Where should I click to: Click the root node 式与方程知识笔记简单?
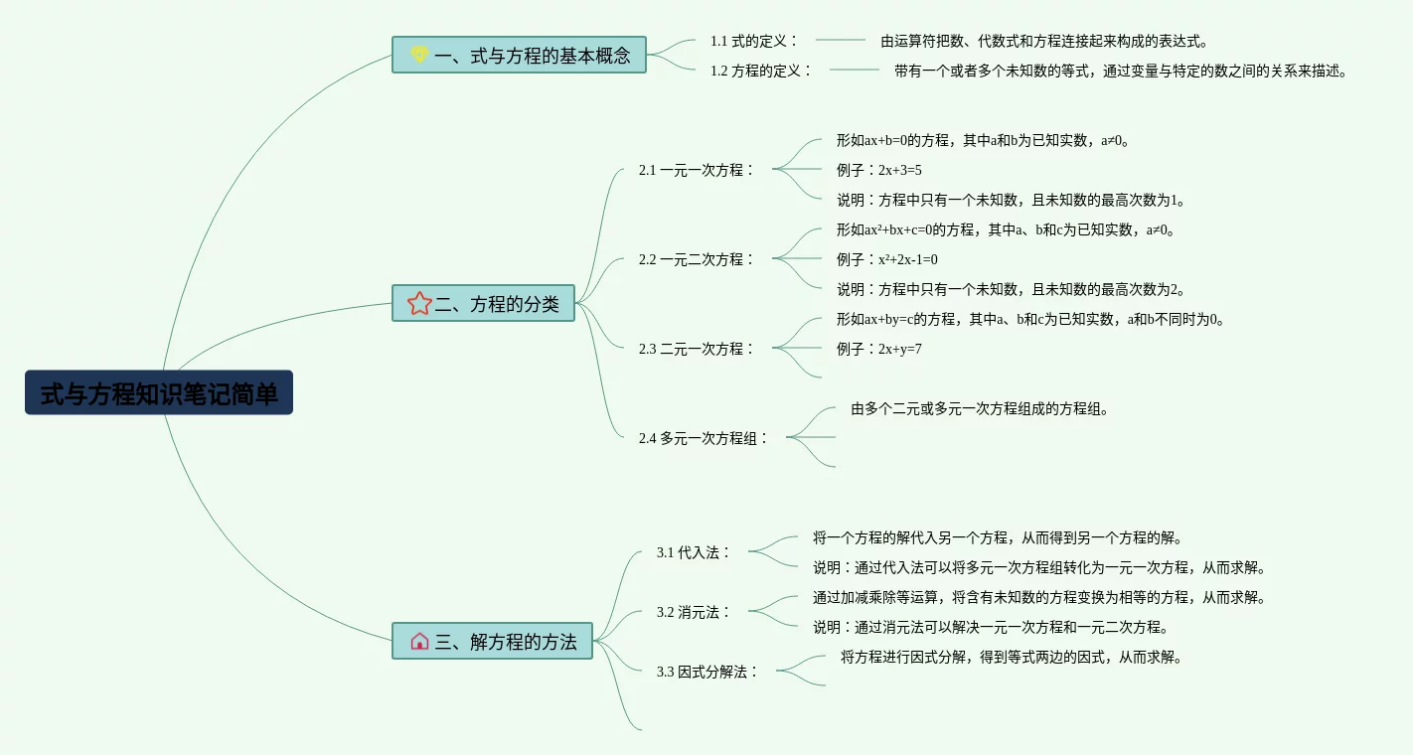click(x=159, y=393)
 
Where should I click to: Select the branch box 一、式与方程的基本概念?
click(x=519, y=55)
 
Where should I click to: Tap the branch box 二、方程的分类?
click(x=484, y=303)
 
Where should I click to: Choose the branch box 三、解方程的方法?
click(x=493, y=641)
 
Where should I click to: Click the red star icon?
click(x=419, y=303)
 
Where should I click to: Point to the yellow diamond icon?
click(x=419, y=55)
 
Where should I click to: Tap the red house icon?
click(x=419, y=641)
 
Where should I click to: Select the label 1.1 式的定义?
click(x=754, y=41)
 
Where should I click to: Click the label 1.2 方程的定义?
click(x=761, y=71)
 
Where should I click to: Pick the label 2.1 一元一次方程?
click(x=697, y=170)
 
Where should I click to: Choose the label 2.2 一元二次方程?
click(x=697, y=259)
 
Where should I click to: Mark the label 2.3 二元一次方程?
click(x=697, y=349)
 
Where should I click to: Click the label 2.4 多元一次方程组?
click(x=704, y=438)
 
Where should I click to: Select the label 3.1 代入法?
click(x=694, y=552)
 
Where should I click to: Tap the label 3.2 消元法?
click(x=694, y=612)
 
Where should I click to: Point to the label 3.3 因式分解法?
click(x=707, y=672)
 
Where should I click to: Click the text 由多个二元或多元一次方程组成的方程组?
click(x=980, y=408)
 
